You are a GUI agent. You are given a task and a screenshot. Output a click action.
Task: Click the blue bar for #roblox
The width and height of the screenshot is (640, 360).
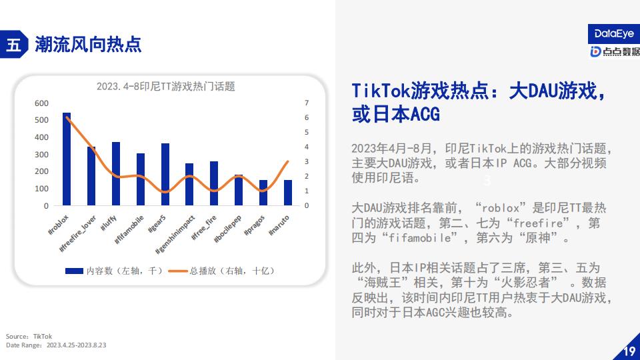point(67,159)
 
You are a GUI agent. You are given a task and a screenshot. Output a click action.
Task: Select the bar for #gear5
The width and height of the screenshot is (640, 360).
point(165,174)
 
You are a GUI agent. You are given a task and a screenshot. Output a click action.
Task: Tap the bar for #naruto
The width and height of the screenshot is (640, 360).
point(288,193)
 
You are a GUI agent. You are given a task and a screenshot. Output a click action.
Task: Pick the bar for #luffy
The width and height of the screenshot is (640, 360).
point(116,173)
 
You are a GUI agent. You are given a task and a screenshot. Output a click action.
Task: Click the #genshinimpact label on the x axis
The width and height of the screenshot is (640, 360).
point(175,235)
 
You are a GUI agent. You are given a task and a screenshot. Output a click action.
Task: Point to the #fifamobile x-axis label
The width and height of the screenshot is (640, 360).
point(129,230)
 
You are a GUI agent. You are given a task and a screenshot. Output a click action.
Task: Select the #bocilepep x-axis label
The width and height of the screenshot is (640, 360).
point(228,229)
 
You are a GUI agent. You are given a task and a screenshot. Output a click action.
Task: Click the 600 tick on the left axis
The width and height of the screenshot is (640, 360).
point(41,103)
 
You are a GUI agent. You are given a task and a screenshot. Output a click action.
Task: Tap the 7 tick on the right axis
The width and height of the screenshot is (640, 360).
point(307,103)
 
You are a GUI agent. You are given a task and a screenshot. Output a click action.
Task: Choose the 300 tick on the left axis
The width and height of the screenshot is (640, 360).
point(41,155)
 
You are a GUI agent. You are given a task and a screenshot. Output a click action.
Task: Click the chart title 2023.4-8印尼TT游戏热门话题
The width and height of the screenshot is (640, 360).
point(166,87)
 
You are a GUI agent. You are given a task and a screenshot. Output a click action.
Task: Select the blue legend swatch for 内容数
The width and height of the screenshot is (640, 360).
point(74,271)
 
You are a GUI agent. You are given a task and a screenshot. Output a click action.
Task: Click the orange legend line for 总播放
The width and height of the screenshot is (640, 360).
point(178,271)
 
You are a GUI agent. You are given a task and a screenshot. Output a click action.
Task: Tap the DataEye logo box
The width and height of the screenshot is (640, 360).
point(614,34)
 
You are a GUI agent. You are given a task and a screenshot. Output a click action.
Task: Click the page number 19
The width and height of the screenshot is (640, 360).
point(629,351)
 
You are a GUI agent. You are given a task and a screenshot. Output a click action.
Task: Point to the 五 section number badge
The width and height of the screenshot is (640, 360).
point(14,44)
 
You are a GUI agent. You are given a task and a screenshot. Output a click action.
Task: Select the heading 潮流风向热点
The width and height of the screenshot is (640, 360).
point(88,44)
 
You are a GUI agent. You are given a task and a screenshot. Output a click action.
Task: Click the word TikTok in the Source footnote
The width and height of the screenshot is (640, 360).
point(43,336)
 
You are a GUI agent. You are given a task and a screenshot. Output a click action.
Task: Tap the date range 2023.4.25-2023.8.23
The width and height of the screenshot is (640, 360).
point(76,345)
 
